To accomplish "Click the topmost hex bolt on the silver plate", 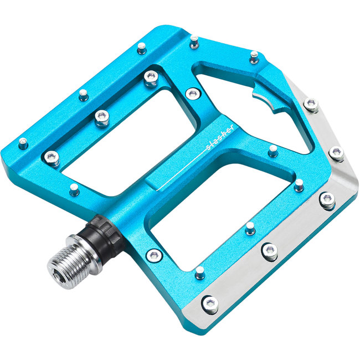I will click(x=312, y=104).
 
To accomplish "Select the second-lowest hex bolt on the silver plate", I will click(x=270, y=251).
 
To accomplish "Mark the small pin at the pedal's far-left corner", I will click(x=23, y=143).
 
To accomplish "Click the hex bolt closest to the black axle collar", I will click(x=155, y=255).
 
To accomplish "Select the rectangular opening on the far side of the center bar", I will click(x=122, y=138).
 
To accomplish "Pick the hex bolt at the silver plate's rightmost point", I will click(x=336, y=152).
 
